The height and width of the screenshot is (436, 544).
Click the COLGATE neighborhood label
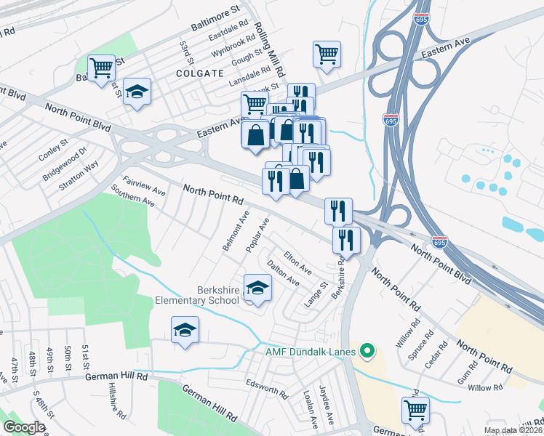199,73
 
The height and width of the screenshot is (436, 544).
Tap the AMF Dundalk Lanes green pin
367,353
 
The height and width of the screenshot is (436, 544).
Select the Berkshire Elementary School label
197,294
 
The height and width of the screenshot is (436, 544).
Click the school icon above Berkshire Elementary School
257,288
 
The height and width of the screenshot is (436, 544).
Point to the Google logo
24,427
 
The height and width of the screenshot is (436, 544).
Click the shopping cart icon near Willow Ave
415,409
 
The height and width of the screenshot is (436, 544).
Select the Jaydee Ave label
327,405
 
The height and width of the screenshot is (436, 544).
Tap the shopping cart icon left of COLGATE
102,68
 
